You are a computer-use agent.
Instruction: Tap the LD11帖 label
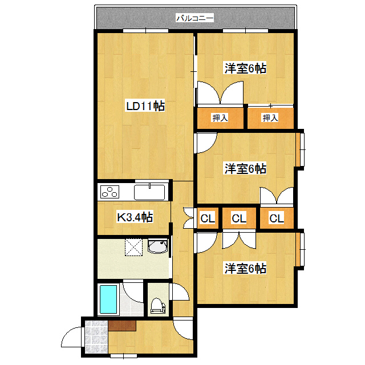click(x=145, y=106)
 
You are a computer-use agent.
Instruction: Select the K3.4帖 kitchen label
click(x=135, y=217)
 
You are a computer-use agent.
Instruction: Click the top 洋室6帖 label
click(x=245, y=68)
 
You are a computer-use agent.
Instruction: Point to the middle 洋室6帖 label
click(x=245, y=169)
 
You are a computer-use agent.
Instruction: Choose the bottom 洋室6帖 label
click(x=245, y=267)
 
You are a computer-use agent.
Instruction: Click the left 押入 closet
click(x=220, y=118)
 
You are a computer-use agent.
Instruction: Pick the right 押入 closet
click(x=270, y=118)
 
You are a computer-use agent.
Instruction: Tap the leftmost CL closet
click(x=207, y=218)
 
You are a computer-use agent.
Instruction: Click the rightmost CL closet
click(x=277, y=218)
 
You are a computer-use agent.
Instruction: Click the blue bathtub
click(x=108, y=299)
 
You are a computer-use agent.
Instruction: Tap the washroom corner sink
click(x=157, y=247)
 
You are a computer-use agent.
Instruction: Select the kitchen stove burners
click(x=109, y=192)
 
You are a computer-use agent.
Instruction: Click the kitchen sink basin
click(x=149, y=192)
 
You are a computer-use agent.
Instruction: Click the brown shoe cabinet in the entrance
click(x=122, y=326)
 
